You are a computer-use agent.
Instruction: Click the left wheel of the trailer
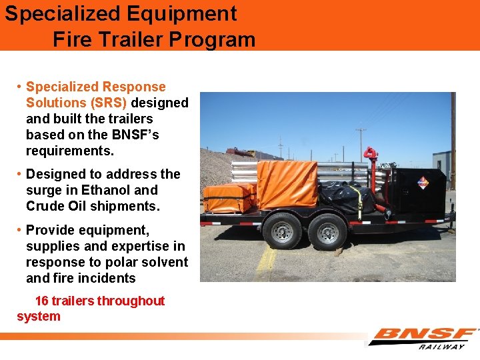pos(282,231)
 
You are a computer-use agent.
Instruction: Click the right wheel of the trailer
pos(328,233)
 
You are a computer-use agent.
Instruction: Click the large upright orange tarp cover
pos(289,183)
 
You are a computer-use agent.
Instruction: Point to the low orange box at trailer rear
pos(229,198)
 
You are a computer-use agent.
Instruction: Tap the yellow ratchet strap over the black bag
pos(361,201)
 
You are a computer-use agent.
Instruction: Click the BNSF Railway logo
pos(424,337)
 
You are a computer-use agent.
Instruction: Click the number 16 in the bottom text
pos(42,301)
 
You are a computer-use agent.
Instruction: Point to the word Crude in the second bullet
pos(46,206)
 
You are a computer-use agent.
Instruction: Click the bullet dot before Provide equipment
pos(20,230)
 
